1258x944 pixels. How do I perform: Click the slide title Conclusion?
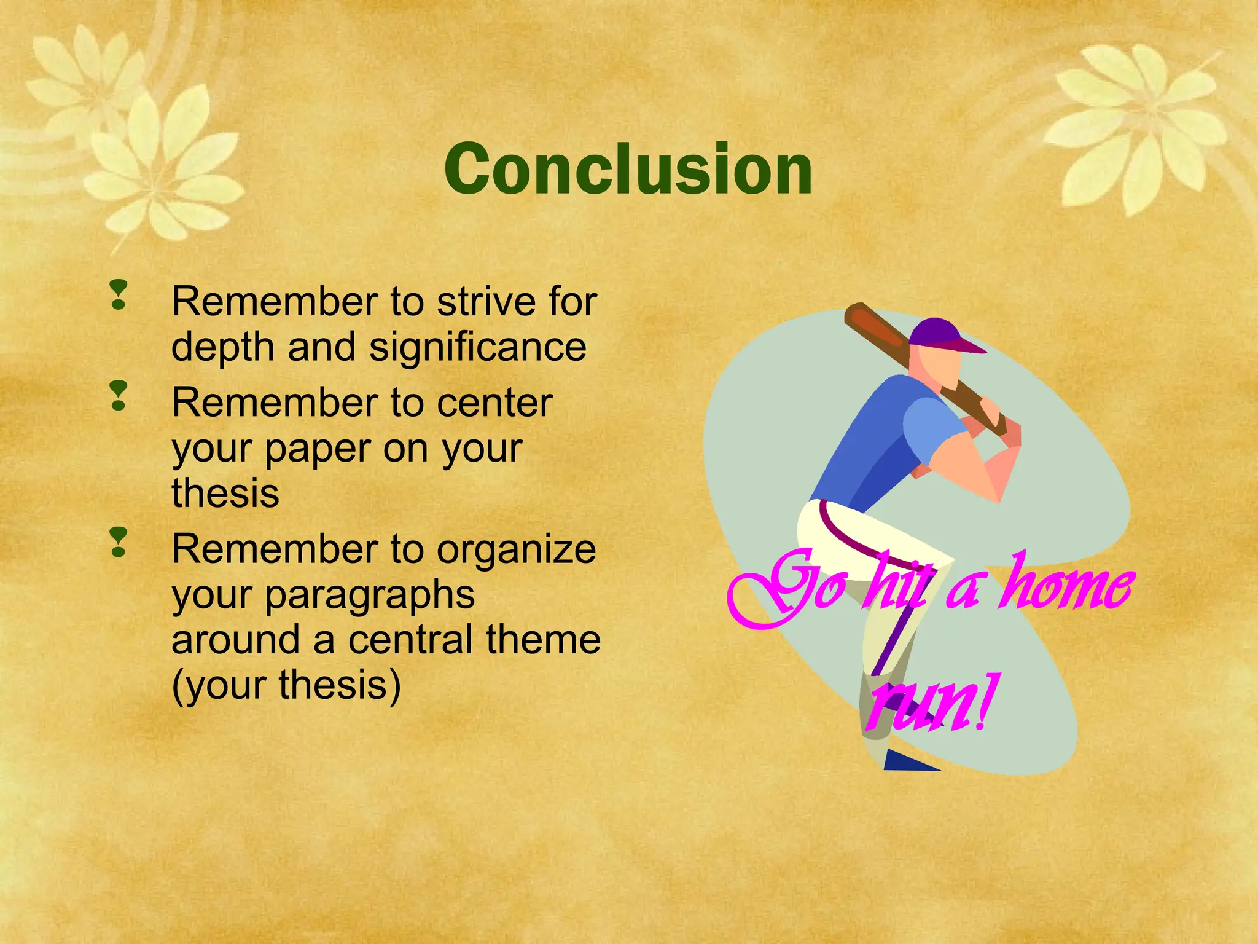point(628,169)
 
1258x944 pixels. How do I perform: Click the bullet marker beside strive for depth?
point(119,295)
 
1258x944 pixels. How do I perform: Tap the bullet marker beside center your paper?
point(119,396)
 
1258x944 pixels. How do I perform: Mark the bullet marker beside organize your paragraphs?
point(119,542)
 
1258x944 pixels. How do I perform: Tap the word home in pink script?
point(1066,587)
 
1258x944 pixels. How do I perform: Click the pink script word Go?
point(789,590)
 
